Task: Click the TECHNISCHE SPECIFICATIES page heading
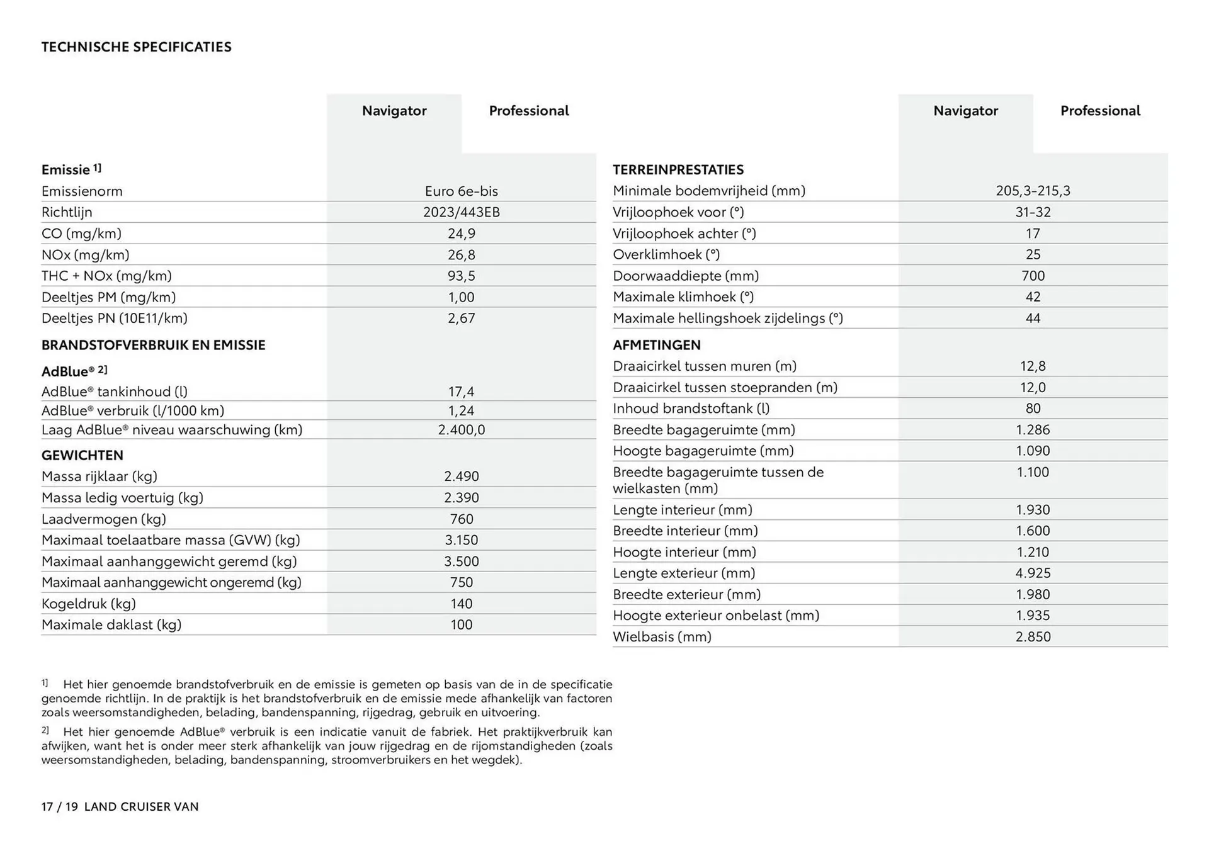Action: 136,47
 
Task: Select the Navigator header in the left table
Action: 394,111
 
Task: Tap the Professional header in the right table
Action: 1100,111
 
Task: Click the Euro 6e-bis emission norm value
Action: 461,191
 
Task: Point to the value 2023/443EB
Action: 461,212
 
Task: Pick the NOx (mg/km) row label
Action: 85,255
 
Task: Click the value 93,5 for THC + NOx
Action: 461,276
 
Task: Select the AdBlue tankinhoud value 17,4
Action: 461,392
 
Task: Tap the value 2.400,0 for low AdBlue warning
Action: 461,430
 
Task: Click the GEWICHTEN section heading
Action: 82,455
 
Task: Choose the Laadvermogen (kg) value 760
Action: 461,519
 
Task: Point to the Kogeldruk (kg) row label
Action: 89,604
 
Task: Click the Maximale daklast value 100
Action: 461,624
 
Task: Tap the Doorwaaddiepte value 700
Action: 1033,276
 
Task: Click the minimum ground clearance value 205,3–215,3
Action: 1033,191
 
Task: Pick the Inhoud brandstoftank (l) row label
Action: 691,409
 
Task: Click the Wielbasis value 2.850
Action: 1033,636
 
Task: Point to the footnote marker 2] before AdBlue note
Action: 45,730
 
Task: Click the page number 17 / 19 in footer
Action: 59,807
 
